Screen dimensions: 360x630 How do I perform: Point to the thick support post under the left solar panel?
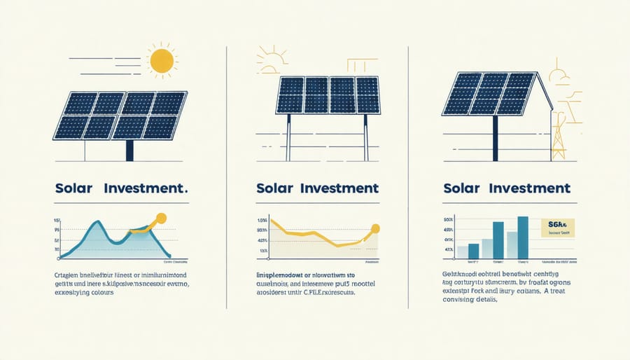tap(129, 150)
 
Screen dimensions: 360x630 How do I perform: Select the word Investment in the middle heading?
tap(338, 189)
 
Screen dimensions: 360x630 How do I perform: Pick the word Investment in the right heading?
tap(531, 189)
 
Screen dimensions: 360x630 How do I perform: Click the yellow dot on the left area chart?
tap(162, 218)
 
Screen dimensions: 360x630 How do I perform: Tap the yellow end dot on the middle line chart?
tap(375, 228)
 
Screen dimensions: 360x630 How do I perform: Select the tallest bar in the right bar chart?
tap(522, 237)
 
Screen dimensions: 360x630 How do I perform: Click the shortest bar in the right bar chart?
tap(462, 252)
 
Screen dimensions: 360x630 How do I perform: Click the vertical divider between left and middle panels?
tap(227, 175)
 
